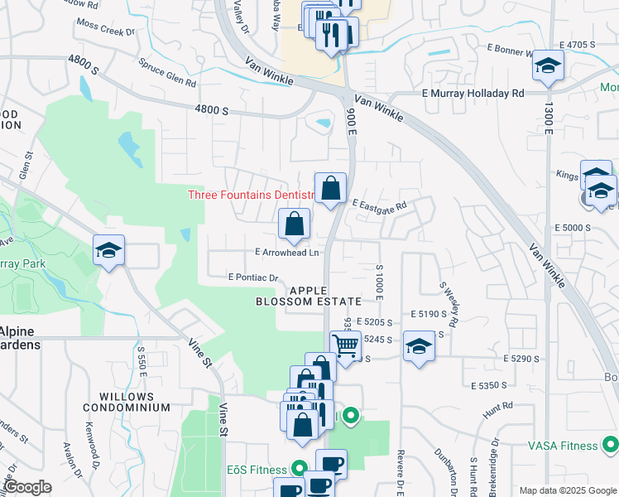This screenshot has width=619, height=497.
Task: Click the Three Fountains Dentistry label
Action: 252,195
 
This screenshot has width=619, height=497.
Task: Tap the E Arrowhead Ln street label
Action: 279,253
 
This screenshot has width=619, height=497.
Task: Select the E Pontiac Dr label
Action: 257,277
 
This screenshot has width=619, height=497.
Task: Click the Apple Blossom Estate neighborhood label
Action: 325,296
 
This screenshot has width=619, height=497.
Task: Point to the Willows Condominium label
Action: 126,402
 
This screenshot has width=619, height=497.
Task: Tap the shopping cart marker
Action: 345,345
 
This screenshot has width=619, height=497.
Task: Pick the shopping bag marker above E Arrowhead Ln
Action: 294,223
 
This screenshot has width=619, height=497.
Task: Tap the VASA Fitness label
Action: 563,446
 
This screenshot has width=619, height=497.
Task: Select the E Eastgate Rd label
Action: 379,205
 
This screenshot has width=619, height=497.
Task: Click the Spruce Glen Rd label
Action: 167,73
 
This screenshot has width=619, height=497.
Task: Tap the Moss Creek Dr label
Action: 106,30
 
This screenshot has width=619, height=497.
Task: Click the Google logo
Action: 26,487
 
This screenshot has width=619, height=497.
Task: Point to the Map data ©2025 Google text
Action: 567,490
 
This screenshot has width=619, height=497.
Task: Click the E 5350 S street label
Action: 488,386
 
